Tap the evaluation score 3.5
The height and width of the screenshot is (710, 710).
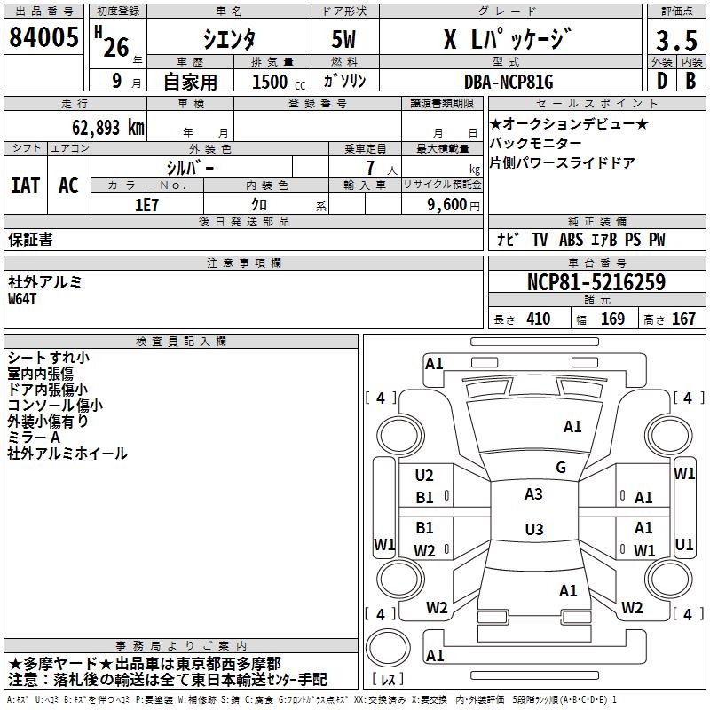pos(674,42)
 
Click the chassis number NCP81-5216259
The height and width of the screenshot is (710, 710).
pos(596,282)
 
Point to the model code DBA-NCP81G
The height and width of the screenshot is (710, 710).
pos(508,83)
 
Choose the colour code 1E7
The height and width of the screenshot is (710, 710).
pos(146,203)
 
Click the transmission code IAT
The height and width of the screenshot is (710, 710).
pos(27,185)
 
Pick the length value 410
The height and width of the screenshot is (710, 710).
pos(538,319)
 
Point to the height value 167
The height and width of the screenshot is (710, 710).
pos(683,319)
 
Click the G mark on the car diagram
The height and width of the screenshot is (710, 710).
pos(560,468)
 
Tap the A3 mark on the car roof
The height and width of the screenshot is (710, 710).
pos(533,494)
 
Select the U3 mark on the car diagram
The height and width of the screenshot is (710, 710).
pos(533,530)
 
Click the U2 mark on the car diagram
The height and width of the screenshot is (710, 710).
pos(424,476)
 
